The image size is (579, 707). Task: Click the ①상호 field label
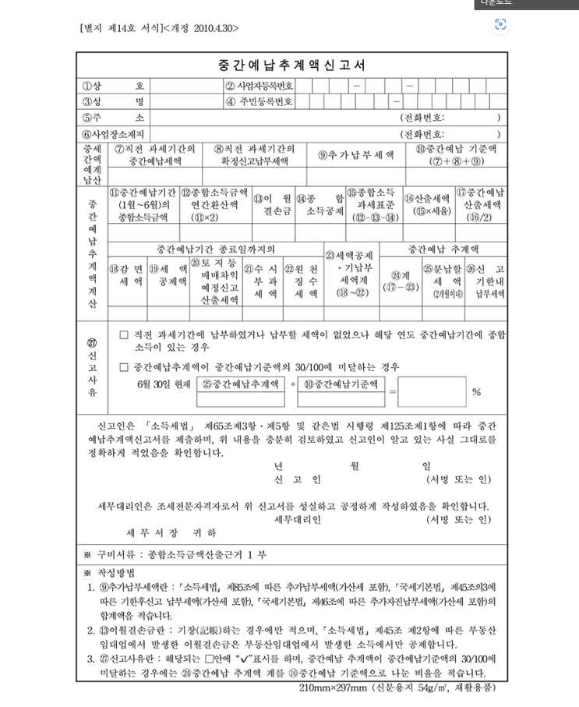click(x=113, y=86)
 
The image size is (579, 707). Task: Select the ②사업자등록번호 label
click(x=259, y=86)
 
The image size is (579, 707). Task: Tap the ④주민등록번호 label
click(x=259, y=101)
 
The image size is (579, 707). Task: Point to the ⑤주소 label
click(x=113, y=118)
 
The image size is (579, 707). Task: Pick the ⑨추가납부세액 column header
click(x=356, y=154)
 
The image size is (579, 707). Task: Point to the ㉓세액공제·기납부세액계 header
click(x=348, y=274)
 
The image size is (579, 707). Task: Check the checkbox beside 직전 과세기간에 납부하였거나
click(x=124, y=334)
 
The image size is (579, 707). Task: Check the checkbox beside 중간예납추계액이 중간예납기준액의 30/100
click(x=124, y=366)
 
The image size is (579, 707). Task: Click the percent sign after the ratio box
click(x=476, y=392)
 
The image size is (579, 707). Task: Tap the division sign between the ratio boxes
click(x=293, y=384)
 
